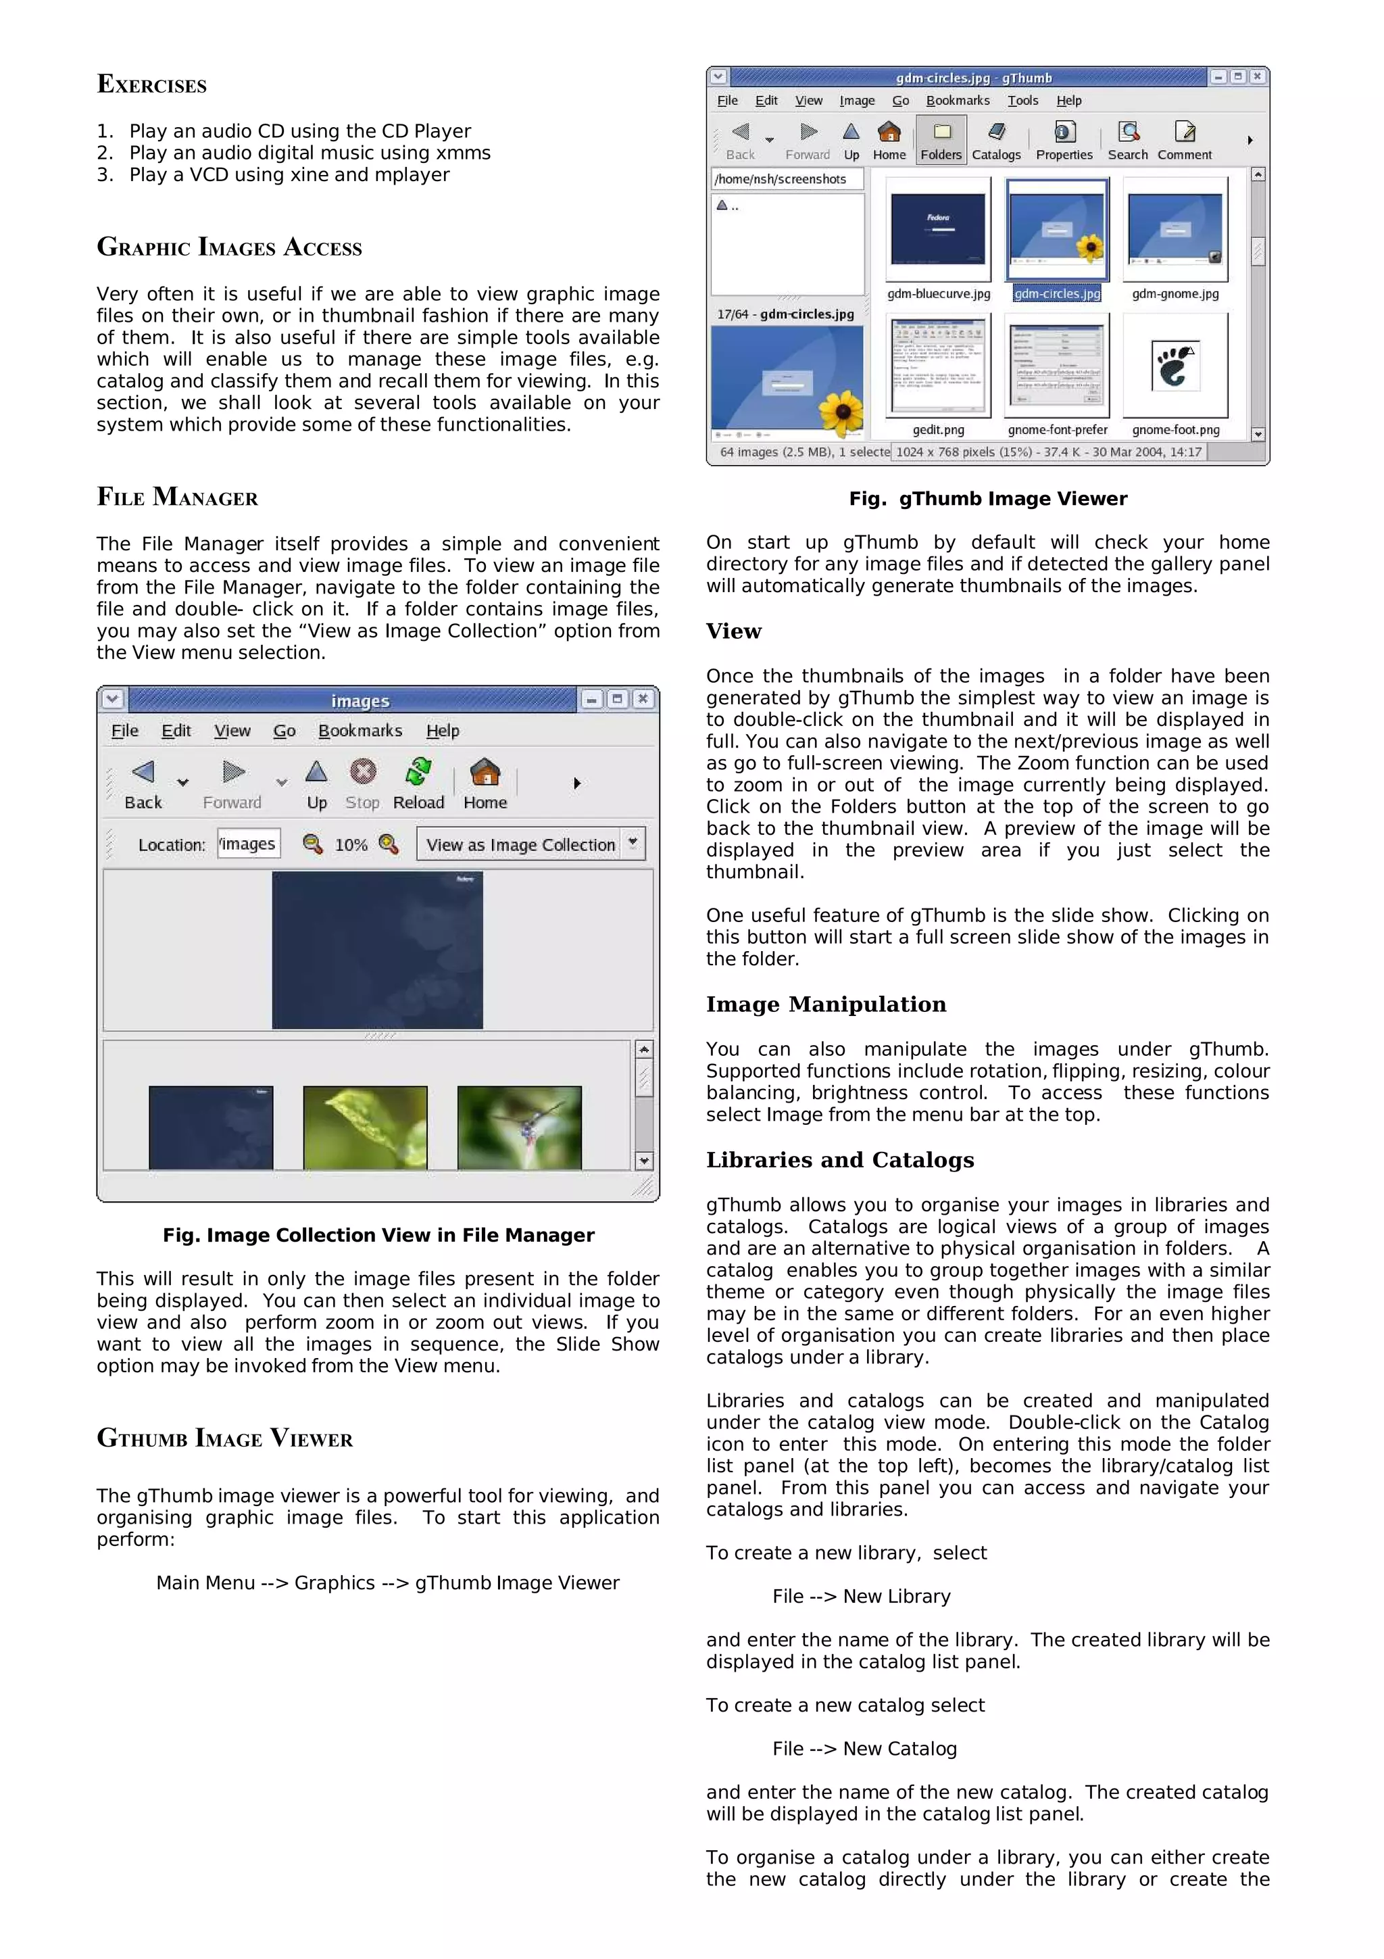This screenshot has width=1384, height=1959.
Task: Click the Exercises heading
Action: click(152, 84)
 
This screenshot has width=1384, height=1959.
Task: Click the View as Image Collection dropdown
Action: click(530, 844)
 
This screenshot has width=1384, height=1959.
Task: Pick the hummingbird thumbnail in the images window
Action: click(519, 1126)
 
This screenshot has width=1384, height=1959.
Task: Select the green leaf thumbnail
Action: click(365, 1126)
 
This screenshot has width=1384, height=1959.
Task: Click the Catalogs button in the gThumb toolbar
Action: click(996, 141)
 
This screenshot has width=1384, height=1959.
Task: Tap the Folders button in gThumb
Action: click(941, 141)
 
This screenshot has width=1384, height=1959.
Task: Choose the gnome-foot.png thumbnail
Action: click(1175, 367)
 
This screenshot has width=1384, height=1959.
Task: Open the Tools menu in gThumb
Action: click(1022, 101)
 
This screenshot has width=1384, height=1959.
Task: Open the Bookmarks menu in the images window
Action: click(360, 730)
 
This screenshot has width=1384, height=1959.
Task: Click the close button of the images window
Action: click(643, 699)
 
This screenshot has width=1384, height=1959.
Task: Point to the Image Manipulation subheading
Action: click(825, 1005)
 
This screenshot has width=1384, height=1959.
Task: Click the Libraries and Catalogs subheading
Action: click(839, 1159)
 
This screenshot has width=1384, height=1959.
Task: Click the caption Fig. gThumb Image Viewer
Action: click(987, 499)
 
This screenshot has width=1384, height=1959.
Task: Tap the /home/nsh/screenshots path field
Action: click(786, 179)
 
